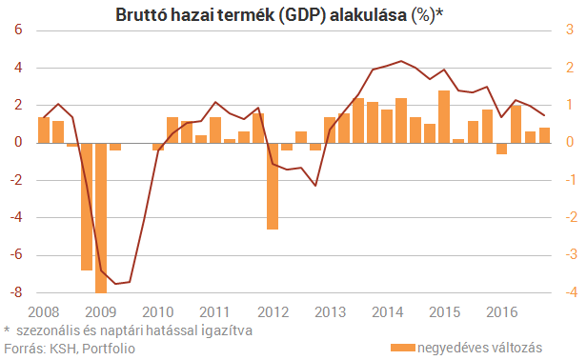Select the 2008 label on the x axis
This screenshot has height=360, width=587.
point(43,311)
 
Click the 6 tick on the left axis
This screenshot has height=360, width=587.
point(18,30)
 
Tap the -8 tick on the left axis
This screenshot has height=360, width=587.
point(15,292)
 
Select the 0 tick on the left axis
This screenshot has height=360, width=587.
point(18,143)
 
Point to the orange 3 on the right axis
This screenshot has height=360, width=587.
point(569,30)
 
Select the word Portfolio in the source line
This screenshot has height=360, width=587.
point(109,348)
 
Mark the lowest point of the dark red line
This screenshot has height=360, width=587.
point(116,284)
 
